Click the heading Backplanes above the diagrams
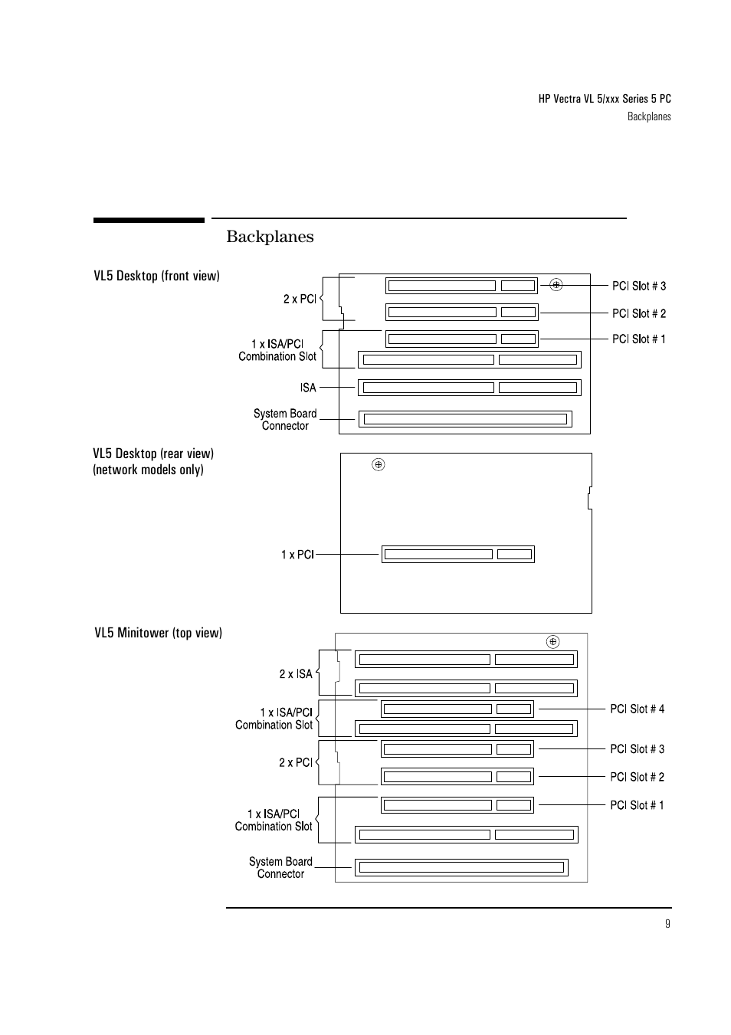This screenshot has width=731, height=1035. point(270,237)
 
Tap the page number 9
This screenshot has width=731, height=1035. point(667,923)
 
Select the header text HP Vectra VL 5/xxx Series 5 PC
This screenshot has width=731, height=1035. point(604,99)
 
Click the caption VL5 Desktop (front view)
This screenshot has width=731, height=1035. point(156,276)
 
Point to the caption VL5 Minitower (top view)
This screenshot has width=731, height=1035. point(158,633)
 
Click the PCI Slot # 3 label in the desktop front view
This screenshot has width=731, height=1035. point(638,286)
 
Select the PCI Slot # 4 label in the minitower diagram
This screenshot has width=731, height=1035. point(637,709)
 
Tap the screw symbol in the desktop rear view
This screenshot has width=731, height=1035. point(378,464)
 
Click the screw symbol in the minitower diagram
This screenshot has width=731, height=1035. point(552,642)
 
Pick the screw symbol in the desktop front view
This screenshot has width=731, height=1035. point(556,285)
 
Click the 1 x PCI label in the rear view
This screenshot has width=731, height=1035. point(297,554)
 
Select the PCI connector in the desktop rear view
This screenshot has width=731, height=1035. point(457,554)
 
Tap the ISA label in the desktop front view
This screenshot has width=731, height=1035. point(308,388)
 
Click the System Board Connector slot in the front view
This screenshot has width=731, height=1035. point(465,419)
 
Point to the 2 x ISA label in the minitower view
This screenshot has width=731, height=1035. point(296,674)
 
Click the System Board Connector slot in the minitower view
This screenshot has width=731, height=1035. point(461,867)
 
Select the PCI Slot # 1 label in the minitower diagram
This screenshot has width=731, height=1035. point(637,804)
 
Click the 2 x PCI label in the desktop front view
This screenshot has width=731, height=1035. point(300,299)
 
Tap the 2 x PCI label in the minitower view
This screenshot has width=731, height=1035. point(296,762)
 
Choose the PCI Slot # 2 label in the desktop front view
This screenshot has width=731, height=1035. point(638,313)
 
